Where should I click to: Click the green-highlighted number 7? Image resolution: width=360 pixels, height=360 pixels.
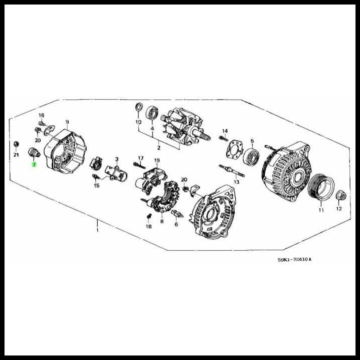tap(34, 164)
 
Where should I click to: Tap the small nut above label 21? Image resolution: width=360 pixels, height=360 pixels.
tap(16, 144)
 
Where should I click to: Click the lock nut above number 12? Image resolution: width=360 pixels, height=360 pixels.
tap(339, 195)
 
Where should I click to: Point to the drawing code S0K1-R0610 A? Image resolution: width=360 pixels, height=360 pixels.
tap(295, 260)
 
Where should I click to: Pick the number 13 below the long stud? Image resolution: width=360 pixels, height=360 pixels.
tap(237, 182)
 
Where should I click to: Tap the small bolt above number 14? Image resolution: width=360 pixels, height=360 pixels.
tap(223, 138)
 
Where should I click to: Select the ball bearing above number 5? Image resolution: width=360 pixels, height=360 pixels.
tap(251, 156)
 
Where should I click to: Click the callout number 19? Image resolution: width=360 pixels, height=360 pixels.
tap(156, 160)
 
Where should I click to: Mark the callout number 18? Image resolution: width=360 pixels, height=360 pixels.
tap(148, 227)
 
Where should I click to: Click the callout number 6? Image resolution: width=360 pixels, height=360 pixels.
tap(176, 225)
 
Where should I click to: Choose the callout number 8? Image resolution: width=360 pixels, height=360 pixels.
tap(162, 221)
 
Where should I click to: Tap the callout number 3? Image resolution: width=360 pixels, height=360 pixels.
tap(116, 159)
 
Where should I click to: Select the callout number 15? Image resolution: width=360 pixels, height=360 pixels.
tap(97, 186)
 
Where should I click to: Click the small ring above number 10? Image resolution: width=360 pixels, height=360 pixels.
tap(139, 108)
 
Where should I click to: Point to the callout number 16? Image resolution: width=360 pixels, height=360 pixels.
tap(42, 115)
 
